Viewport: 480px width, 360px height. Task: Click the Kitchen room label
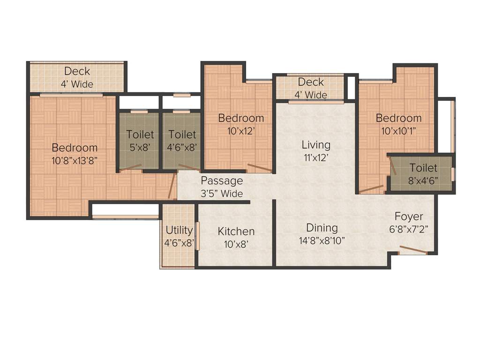[236, 231]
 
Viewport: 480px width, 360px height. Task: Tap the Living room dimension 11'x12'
[316, 157]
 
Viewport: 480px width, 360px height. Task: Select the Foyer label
[408, 217]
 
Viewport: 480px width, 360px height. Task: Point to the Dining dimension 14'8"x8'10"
[322, 240]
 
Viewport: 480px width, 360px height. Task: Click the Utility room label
[179, 230]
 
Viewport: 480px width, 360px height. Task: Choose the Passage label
[222, 181]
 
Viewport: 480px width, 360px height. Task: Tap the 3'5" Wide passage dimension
[222, 193]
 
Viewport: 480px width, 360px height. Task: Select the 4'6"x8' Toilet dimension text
[182, 147]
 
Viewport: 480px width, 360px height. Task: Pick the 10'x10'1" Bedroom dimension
[398, 131]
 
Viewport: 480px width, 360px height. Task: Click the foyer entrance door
[413, 249]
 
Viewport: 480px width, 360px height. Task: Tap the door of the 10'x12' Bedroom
[259, 167]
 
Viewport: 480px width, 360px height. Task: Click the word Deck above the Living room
[311, 82]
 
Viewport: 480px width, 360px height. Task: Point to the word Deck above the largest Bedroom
[77, 71]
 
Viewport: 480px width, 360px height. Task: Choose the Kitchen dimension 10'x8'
[236, 244]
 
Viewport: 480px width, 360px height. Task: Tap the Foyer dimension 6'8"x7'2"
[408, 229]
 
